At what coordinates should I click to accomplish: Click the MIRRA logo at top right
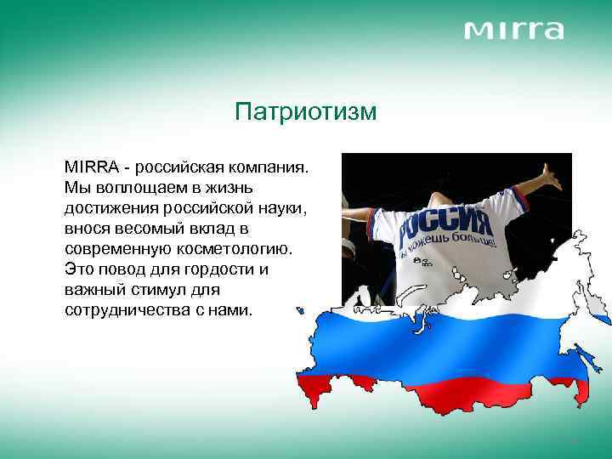point(513,31)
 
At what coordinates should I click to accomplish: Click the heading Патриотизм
point(305,112)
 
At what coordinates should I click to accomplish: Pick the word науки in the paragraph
point(284,207)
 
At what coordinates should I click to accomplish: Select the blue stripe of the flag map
point(450,344)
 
